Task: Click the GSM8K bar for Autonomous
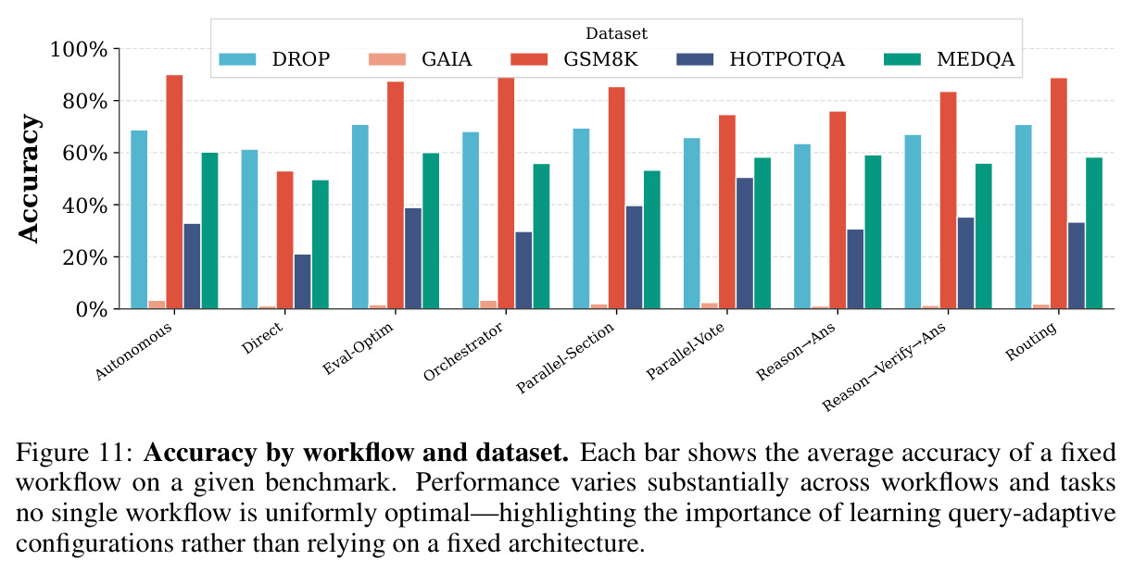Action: [174, 192]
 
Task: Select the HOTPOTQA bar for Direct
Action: [302, 281]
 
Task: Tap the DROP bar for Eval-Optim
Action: [360, 217]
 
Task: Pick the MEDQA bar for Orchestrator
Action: [541, 236]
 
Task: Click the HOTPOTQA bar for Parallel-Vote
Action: [745, 243]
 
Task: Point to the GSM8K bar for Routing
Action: [1059, 193]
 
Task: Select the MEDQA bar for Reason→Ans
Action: [873, 231]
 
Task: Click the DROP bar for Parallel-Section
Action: [581, 218]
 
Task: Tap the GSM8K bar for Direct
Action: [285, 240]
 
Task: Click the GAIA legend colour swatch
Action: [387, 59]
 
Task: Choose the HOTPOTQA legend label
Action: [787, 59]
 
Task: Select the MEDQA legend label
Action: [976, 59]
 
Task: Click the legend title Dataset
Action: [616, 33]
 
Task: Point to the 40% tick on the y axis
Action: [117, 205]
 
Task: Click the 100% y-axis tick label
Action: [79, 50]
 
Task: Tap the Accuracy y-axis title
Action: [29, 179]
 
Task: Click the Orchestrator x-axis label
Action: [462, 351]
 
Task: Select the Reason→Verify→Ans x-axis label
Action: [883, 367]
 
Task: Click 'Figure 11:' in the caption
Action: [74, 452]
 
